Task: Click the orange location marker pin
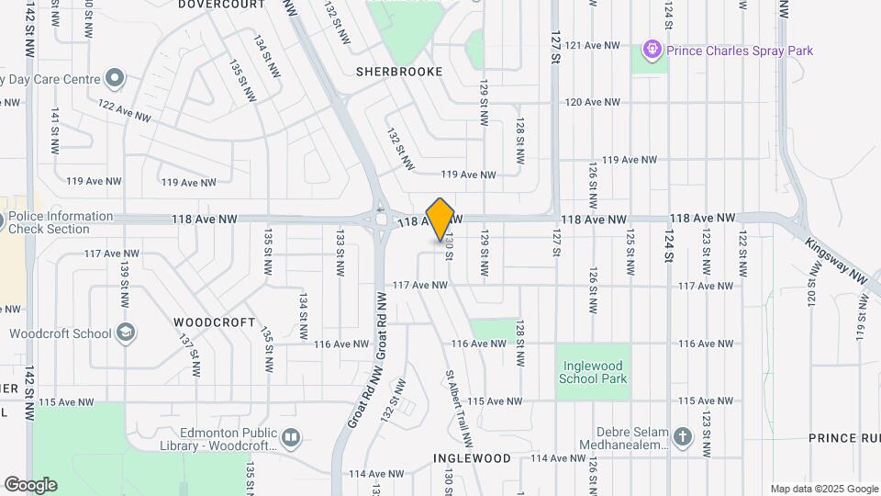[x=440, y=220]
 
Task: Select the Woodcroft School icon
[x=126, y=333]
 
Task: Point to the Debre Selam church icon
[x=682, y=437]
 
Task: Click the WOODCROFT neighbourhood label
[x=214, y=322]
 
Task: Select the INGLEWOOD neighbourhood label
[x=471, y=457]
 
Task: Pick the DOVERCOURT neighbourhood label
[x=221, y=5]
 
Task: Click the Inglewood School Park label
[x=592, y=372]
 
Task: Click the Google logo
[x=30, y=484]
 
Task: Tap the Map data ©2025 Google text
[x=823, y=489]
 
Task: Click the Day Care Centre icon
[x=115, y=78]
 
